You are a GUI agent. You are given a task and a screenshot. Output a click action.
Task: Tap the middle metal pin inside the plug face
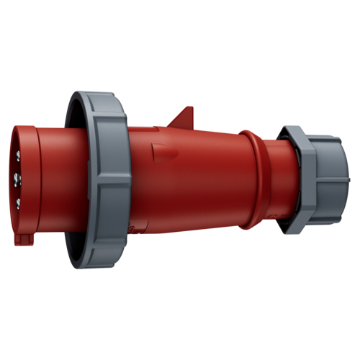(16, 176)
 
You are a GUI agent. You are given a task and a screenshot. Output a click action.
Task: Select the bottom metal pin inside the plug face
(16, 204)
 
